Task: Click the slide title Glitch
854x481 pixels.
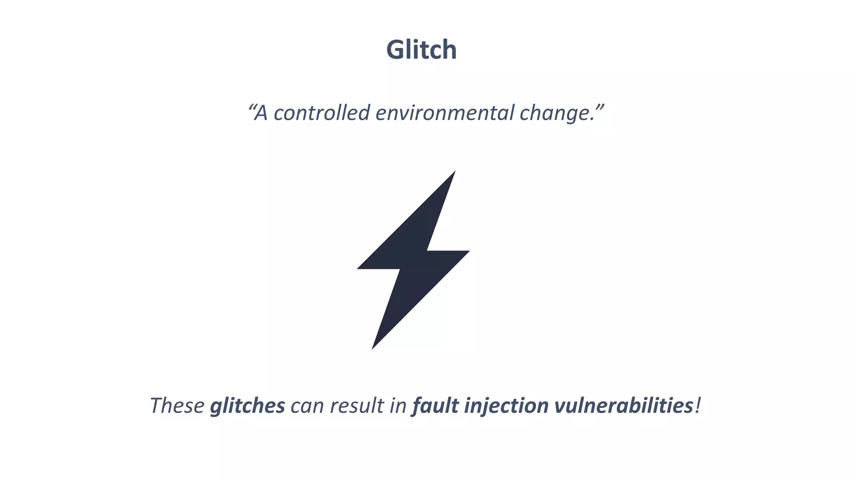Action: pyautogui.click(x=422, y=50)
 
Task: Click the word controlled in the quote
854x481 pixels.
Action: pyautogui.click(x=322, y=113)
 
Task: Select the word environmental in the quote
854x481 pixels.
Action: pyautogui.click(x=445, y=113)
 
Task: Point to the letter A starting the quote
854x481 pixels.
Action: pyautogui.click(x=261, y=113)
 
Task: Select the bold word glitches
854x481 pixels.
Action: pyautogui.click(x=247, y=406)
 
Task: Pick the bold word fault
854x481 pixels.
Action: pyautogui.click(x=435, y=405)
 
